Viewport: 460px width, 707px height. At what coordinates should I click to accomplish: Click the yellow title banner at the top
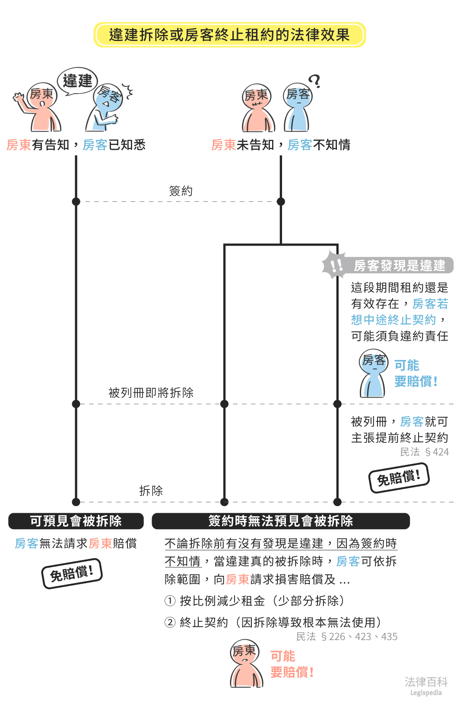pyautogui.click(x=229, y=35)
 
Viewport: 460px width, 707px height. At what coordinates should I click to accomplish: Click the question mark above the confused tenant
pyautogui.click(x=315, y=81)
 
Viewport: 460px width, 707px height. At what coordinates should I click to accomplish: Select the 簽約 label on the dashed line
pyautogui.click(x=181, y=191)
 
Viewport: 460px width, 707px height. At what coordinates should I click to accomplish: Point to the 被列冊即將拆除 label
pyautogui.click(x=151, y=393)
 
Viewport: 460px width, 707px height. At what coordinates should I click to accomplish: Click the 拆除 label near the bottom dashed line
pyautogui.click(x=151, y=491)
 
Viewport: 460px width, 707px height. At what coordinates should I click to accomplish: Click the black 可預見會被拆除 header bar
pyautogui.click(x=76, y=521)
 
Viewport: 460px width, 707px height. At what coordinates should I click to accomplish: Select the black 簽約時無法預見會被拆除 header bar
pyautogui.click(x=281, y=521)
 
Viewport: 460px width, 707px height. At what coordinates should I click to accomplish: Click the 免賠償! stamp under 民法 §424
pyautogui.click(x=399, y=478)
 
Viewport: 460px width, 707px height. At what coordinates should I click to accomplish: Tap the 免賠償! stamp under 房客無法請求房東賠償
pyautogui.click(x=72, y=574)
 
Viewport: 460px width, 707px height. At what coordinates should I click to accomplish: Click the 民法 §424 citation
pyautogui.click(x=424, y=452)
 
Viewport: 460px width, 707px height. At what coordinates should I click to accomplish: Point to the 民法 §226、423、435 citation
pyautogui.click(x=347, y=637)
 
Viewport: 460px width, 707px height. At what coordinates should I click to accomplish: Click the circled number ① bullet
pyautogui.click(x=170, y=601)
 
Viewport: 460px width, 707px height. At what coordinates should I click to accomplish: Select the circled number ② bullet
pyautogui.click(x=170, y=622)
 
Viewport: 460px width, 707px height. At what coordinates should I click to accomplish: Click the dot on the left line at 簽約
pyautogui.click(x=76, y=202)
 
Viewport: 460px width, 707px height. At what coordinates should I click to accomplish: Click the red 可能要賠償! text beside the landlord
pyautogui.click(x=292, y=664)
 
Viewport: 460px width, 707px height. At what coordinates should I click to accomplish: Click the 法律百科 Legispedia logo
pyautogui.click(x=426, y=685)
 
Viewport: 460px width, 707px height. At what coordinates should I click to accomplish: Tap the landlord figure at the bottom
pyautogui.click(x=246, y=664)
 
